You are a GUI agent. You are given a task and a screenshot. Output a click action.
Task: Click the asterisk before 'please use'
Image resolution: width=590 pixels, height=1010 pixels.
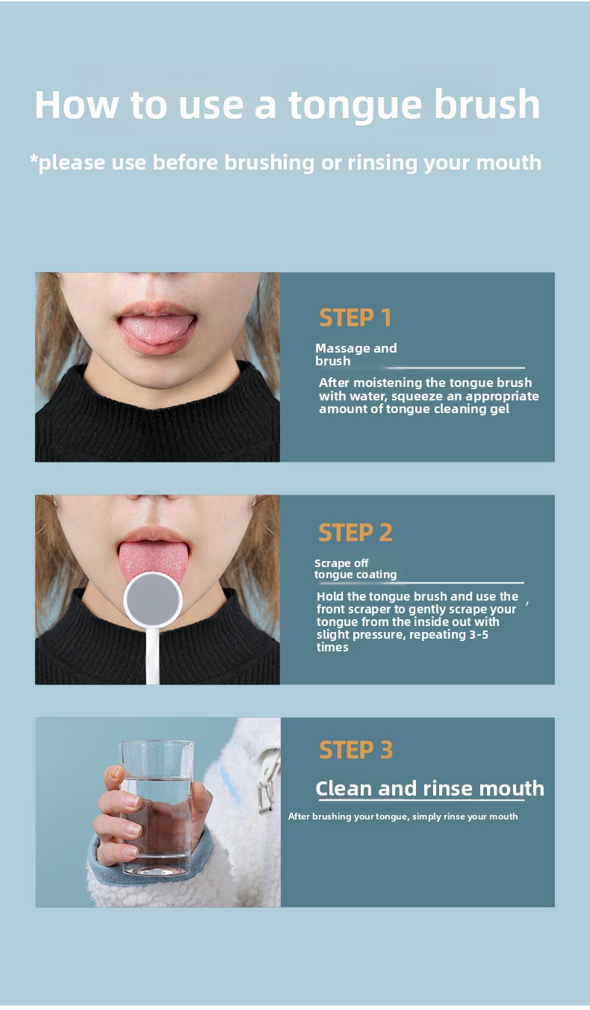[34, 158]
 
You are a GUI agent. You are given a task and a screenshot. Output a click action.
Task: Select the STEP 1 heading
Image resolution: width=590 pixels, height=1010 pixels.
[355, 317]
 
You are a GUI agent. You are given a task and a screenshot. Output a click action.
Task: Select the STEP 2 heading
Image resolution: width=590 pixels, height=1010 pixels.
[355, 533]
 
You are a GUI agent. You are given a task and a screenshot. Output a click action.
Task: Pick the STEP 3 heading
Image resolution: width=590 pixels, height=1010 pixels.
[355, 750]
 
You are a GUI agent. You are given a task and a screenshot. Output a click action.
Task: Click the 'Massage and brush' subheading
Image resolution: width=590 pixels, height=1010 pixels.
[355, 354]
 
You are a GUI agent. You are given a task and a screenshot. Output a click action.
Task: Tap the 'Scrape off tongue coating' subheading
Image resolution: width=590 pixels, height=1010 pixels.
[355, 568]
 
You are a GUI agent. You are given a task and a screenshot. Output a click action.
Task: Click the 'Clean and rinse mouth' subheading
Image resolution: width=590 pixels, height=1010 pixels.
[429, 789]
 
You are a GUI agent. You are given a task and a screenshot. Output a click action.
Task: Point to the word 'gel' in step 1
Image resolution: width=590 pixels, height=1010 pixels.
[500, 409]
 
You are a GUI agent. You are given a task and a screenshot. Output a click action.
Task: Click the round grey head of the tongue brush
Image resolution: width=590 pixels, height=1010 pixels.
[153, 600]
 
